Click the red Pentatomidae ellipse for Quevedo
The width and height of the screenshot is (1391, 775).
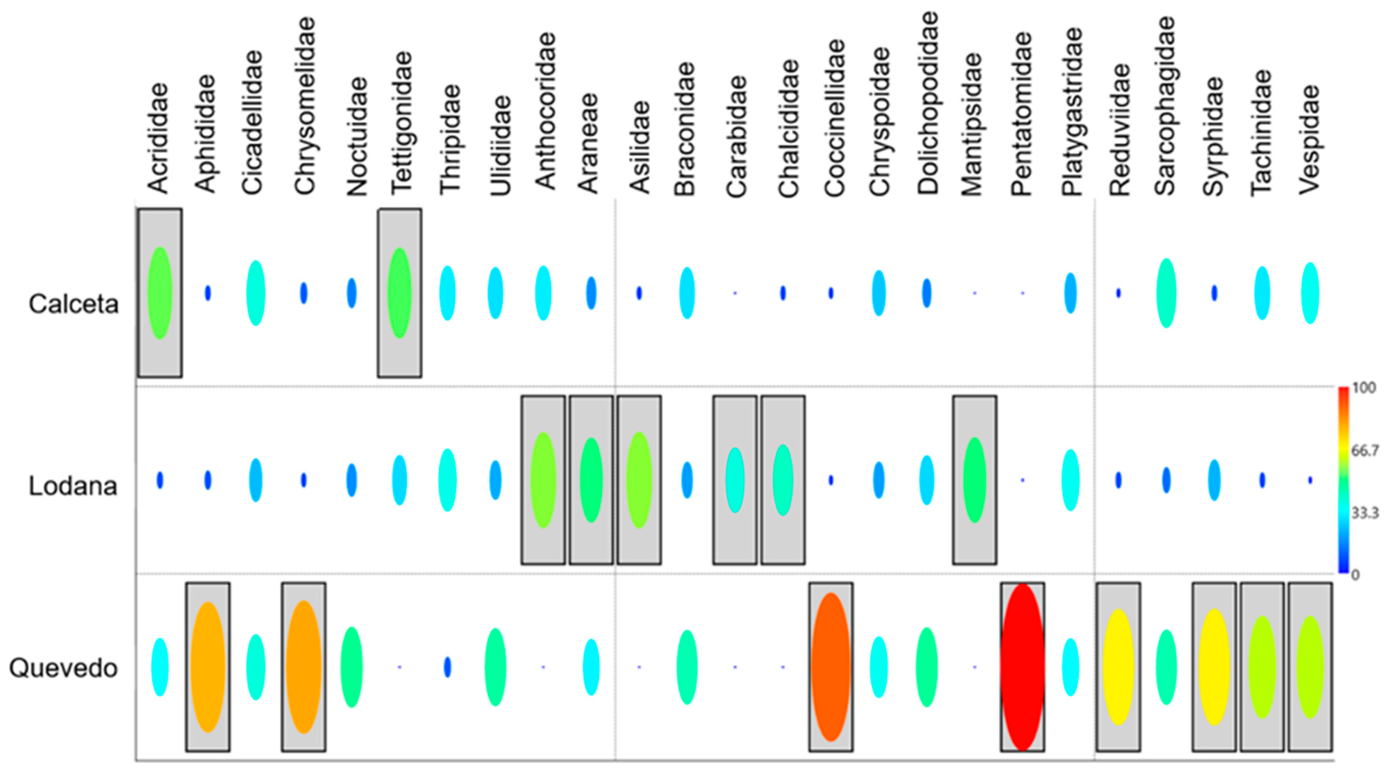tap(1022, 667)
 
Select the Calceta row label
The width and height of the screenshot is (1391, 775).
tap(74, 304)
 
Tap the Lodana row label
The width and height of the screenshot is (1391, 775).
tap(73, 486)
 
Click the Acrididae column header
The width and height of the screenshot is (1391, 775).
tap(158, 138)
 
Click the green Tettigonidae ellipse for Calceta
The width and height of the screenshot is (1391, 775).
tap(400, 293)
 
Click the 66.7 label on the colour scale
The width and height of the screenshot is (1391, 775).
tap(1365, 450)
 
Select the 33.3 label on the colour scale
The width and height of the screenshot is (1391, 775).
tap(1365, 513)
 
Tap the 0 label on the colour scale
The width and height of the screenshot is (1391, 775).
tap(1355, 575)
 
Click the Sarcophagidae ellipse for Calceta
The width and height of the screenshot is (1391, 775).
tap(1166, 293)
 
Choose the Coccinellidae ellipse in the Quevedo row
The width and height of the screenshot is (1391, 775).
tap(831, 667)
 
